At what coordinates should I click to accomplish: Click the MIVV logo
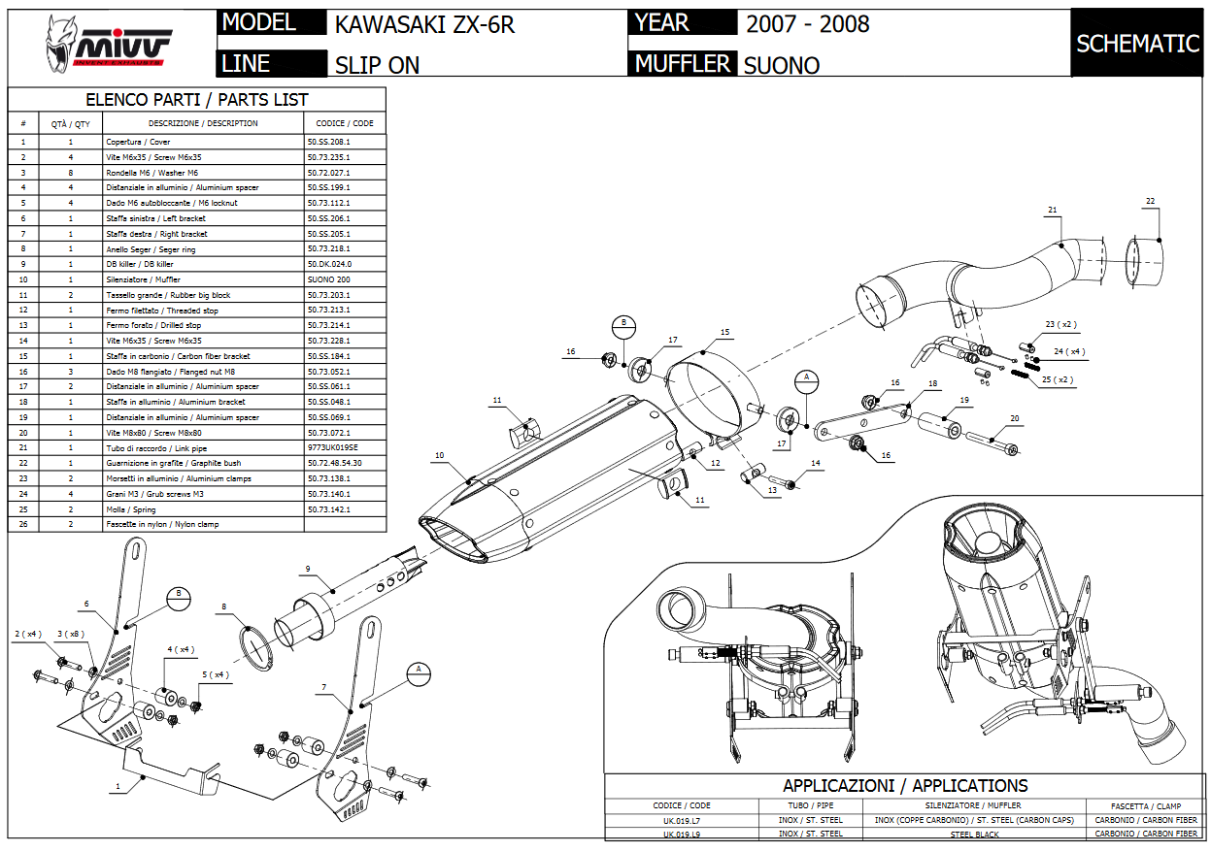coord(109,45)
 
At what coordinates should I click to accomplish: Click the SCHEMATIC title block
coord(1137,44)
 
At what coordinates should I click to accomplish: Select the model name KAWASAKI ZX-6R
coord(424,25)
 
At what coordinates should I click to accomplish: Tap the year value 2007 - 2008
coord(807,24)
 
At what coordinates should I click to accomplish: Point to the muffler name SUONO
coord(781,65)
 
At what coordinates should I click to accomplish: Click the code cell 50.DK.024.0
coord(329,264)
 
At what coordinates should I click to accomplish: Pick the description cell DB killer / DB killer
coord(140,264)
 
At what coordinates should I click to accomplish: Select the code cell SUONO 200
coord(329,279)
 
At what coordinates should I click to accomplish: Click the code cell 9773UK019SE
coord(333,448)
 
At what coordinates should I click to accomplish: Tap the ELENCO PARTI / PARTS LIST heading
coord(196,100)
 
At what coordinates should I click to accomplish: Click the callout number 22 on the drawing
coord(1150,202)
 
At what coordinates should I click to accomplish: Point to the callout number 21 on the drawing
coord(1053,210)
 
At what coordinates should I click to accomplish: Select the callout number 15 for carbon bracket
coord(724,332)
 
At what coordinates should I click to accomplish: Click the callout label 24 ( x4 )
coord(1069,351)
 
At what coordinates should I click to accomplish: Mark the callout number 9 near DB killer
coord(307,569)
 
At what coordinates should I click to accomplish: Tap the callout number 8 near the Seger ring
coord(223,607)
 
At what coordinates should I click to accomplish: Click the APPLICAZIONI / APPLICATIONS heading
coord(905,786)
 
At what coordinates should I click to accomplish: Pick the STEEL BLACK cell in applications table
coord(974,834)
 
